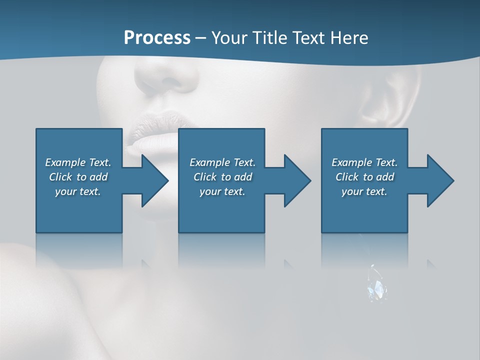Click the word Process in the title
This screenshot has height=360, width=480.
(x=157, y=37)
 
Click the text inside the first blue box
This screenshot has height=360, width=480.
(x=78, y=177)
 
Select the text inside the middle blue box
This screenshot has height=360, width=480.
(x=222, y=177)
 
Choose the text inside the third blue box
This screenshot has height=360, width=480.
(x=364, y=177)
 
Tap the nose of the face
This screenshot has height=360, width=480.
(x=167, y=77)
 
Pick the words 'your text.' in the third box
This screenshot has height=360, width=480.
(x=364, y=191)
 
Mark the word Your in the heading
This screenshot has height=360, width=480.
(x=229, y=37)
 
